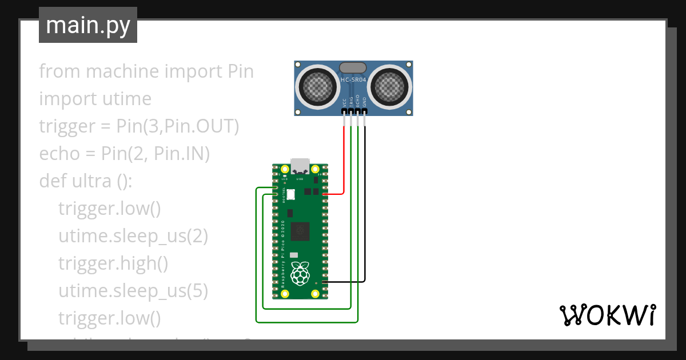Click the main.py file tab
tap(87, 25)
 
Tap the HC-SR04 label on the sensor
tap(353, 80)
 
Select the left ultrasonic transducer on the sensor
tap(315, 87)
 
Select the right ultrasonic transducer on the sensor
tap(392, 87)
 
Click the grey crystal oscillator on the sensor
tap(353, 68)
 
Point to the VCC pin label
tap(344, 102)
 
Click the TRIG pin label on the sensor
tap(351, 102)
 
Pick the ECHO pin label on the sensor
tap(358, 102)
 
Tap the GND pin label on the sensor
tap(365, 102)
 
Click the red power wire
tap(344, 160)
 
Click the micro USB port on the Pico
tap(300, 166)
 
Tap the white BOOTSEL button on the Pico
tap(290, 194)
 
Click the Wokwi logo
tap(607, 315)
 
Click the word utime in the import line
tap(127, 99)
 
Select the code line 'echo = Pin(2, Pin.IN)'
tap(125, 154)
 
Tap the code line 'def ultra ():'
tap(86, 181)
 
